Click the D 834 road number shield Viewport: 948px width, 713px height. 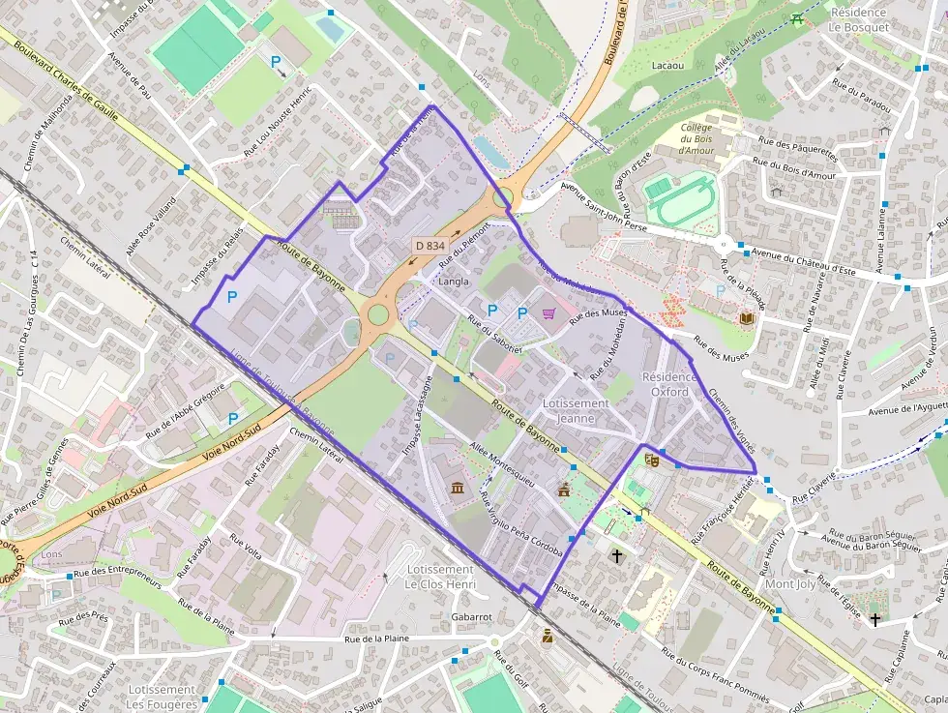[429, 246]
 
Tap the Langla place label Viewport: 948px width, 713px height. [454, 282]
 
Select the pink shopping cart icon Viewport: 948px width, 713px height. [549, 312]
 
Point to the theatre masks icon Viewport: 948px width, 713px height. [651, 460]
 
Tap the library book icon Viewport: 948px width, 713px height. [746, 317]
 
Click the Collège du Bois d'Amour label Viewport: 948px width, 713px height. [696, 139]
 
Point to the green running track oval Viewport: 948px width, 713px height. [680, 200]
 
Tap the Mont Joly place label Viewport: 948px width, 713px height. [790, 584]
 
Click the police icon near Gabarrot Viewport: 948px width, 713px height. [548, 636]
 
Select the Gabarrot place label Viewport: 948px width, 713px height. [472, 616]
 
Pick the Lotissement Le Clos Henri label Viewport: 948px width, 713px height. [440, 578]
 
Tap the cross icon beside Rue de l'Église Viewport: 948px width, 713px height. [875, 617]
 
